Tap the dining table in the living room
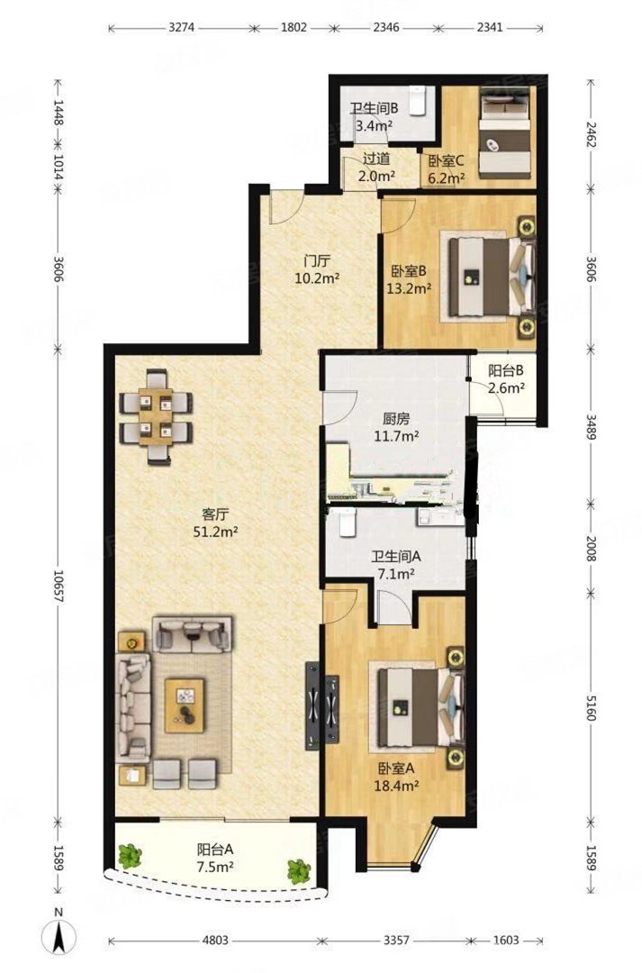pos(155,417)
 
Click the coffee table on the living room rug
pos(185,705)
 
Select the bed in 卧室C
pos(504,132)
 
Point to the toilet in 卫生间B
pos(418,102)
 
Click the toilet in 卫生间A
pos(348,523)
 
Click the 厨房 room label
pos(396,419)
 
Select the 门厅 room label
pos(316,261)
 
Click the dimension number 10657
pos(59,587)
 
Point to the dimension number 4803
pos(215,940)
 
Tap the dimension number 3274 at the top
pos(182,27)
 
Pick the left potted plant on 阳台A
pos(130,857)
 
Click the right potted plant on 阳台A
pos(299,871)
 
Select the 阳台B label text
pos(506,371)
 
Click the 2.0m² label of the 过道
pos(377,176)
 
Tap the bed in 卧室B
pos(492,277)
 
